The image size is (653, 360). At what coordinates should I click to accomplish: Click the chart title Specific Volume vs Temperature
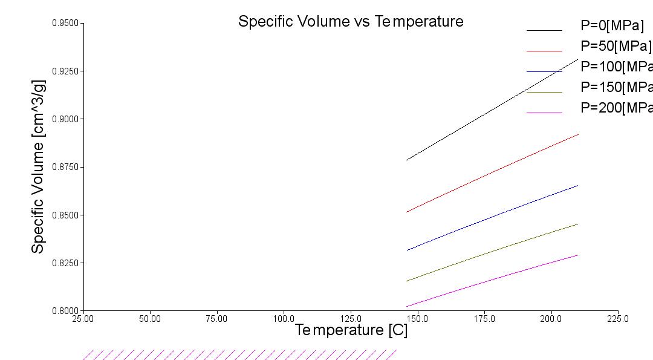point(351,22)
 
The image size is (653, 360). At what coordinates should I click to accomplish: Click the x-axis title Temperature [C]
point(351,330)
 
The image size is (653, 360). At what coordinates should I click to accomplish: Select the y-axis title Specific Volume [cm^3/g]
point(38,166)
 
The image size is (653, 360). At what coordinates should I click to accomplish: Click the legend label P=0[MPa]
point(612,25)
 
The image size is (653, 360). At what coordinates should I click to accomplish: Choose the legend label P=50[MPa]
point(616,46)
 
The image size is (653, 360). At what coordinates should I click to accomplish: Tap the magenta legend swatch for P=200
point(544,113)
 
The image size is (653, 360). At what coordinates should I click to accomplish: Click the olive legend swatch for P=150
point(544,92)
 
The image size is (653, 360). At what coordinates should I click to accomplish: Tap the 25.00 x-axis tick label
point(83,318)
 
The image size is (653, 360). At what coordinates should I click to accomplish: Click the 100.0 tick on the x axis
point(284,318)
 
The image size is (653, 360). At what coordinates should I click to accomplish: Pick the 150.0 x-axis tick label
point(417,318)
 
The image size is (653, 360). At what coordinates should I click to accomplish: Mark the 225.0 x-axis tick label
point(618,318)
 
